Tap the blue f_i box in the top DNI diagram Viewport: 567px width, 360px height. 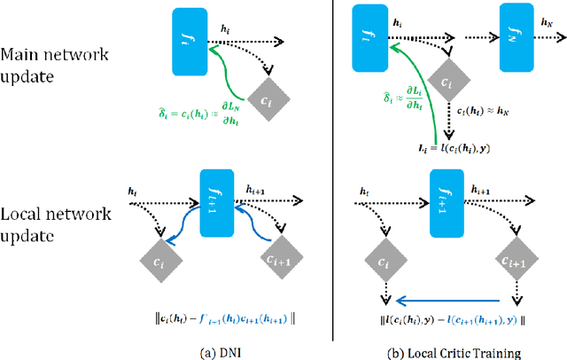(188, 38)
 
